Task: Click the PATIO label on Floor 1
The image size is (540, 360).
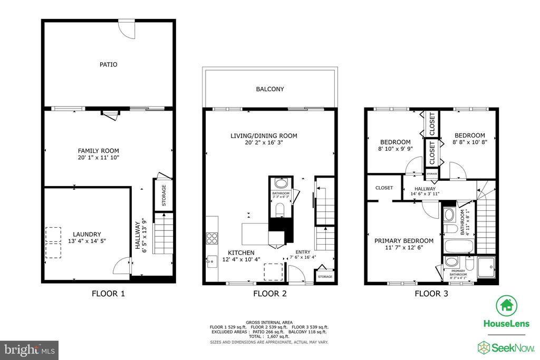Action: click(x=108, y=65)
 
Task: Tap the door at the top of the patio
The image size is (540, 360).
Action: click(x=127, y=28)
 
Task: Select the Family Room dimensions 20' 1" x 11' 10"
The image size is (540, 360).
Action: click(x=99, y=157)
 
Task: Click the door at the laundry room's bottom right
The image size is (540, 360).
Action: click(x=122, y=265)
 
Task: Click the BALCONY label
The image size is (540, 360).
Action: click(x=270, y=89)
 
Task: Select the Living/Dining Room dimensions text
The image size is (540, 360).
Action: click(x=263, y=143)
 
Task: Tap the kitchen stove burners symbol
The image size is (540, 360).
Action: click(x=213, y=238)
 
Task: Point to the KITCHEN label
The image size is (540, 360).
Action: click(x=241, y=253)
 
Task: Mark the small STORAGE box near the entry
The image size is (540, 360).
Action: click(x=325, y=277)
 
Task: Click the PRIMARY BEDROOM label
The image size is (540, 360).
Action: click(x=403, y=241)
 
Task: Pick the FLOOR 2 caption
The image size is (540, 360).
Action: click(x=269, y=294)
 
